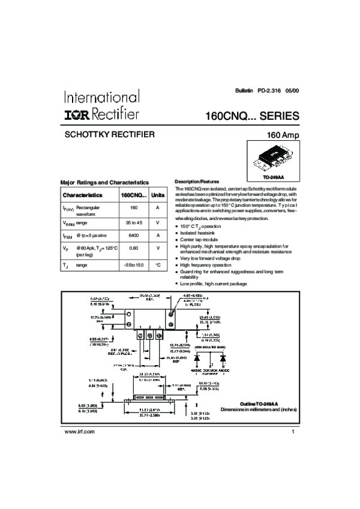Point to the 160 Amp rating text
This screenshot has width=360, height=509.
point(282,135)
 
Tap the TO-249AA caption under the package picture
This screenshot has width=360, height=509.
point(273,178)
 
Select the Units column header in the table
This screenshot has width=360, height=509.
point(157,195)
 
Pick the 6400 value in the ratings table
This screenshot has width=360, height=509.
point(134,236)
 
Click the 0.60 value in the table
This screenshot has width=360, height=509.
point(134,248)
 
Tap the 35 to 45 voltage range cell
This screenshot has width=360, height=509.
point(134,222)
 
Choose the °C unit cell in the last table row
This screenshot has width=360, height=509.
point(157,264)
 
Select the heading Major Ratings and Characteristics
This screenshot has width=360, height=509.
point(105,182)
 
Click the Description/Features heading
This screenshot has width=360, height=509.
point(197,182)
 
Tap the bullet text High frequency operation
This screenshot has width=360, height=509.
point(206,264)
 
